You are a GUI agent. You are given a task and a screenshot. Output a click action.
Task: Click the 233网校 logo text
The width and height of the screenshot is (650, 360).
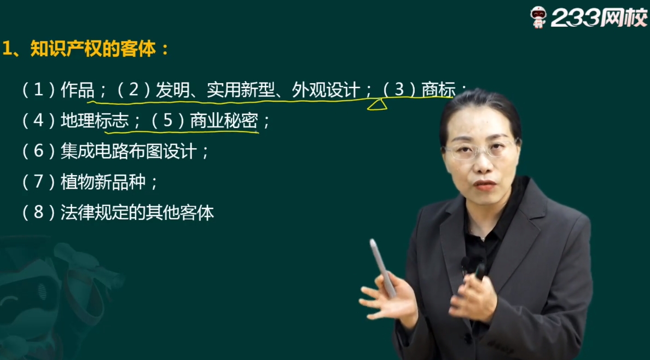point(599,18)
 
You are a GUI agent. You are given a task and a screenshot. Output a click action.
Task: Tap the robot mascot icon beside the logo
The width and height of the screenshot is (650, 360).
point(538,17)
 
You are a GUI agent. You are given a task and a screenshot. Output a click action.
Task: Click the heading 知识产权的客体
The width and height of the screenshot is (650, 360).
point(93,49)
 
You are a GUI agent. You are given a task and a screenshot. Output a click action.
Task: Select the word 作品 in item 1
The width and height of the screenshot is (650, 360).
point(78,90)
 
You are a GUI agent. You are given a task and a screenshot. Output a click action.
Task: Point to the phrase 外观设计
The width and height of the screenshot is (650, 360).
point(326,90)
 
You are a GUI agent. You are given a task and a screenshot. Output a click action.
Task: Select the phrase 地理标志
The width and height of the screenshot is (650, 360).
point(95,121)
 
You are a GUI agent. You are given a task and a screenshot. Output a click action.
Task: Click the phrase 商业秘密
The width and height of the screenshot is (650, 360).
point(224,121)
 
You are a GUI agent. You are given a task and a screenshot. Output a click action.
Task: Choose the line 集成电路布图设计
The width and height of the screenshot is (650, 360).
point(129,152)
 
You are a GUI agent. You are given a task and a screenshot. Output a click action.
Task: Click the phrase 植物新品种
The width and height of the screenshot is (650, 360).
point(103,182)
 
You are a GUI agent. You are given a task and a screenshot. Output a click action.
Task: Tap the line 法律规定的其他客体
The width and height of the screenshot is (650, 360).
point(137,213)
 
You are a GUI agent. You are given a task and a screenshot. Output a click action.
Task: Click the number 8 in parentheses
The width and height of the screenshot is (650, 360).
point(38,213)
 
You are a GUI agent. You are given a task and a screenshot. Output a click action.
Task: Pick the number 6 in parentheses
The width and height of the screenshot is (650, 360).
point(38,152)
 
